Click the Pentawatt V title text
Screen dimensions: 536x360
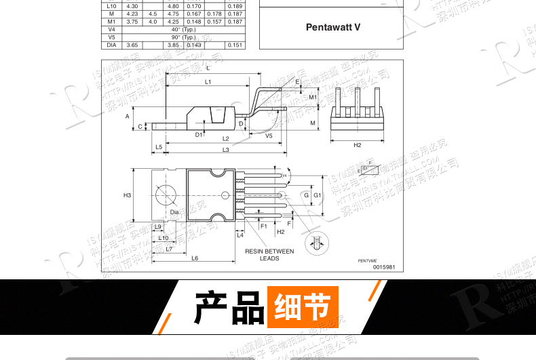click(x=333, y=28)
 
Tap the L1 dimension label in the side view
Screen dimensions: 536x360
click(x=208, y=82)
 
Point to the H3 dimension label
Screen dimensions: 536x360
click(x=127, y=195)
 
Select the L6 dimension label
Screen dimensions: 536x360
click(x=195, y=258)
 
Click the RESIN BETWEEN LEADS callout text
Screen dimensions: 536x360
click(x=269, y=254)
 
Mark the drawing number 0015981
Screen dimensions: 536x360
click(x=383, y=266)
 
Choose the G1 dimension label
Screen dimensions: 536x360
click(x=317, y=195)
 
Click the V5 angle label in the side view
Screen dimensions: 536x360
click(x=269, y=136)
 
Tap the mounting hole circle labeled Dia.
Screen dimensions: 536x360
click(x=167, y=195)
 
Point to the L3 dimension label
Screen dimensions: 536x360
click(x=225, y=149)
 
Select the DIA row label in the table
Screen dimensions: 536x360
click(x=112, y=45)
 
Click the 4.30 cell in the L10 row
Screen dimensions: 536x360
click(x=132, y=6)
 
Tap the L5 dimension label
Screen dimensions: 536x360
click(x=158, y=146)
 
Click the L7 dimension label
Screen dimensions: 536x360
click(x=169, y=249)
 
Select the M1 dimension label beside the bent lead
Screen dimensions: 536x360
click(x=313, y=97)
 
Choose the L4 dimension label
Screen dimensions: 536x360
click(x=240, y=235)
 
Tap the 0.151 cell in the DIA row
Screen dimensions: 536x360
click(x=235, y=45)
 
